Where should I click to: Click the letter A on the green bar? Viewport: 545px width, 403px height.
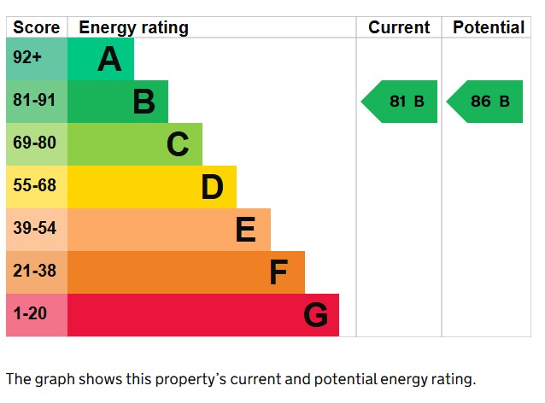click(x=109, y=60)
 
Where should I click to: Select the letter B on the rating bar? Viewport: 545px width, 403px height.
click(x=144, y=102)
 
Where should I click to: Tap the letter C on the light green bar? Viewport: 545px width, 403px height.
click(x=178, y=144)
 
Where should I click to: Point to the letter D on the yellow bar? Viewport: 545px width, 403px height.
click(x=212, y=187)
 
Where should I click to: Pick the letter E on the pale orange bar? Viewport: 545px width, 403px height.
click(x=245, y=230)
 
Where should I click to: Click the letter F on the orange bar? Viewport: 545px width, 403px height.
click(x=278, y=272)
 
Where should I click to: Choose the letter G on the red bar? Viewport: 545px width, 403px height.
click(x=315, y=316)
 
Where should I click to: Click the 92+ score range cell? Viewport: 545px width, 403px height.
click(x=27, y=59)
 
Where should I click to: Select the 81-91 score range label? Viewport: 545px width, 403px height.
click(x=34, y=101)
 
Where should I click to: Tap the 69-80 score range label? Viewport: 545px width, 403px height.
click(x=34, y=143)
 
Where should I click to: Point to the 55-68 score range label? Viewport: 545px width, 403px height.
click(x=34, y=186)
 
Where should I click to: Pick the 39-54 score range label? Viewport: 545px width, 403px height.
click(x=34, y=229)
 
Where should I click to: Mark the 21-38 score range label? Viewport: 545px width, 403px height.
click(x=34, y=272)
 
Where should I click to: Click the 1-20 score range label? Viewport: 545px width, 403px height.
click(x=30, y=314)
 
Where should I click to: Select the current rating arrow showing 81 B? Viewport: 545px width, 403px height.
click(x=401, y=102)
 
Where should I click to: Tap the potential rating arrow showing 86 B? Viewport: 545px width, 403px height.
click(x=485, y=102)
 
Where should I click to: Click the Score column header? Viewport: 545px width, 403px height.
click(x=37, y=27)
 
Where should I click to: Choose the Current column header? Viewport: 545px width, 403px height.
click(x=399, y=27)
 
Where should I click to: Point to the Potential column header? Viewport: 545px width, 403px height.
click(x=489, y=27)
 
